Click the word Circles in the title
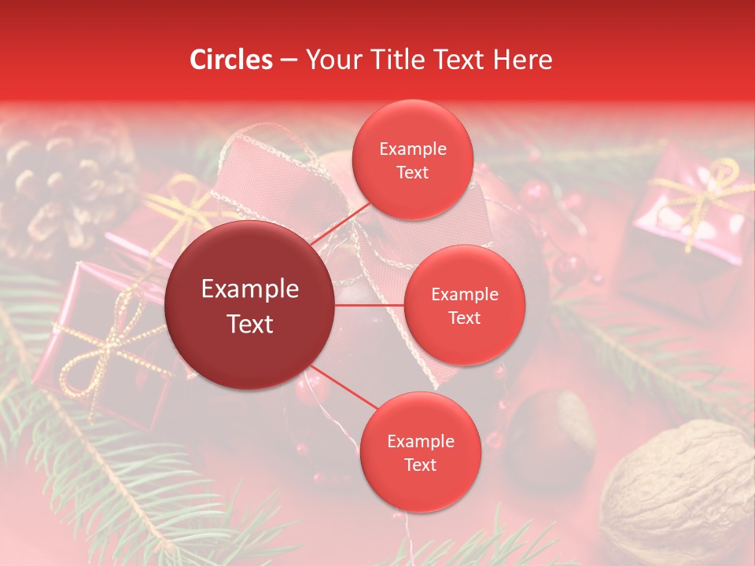[230, 60]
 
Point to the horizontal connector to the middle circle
[370, 305]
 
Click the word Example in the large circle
[250, 289]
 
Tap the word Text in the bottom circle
[420, 465]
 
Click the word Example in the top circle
[412, 149]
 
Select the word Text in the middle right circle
[464, 318]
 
